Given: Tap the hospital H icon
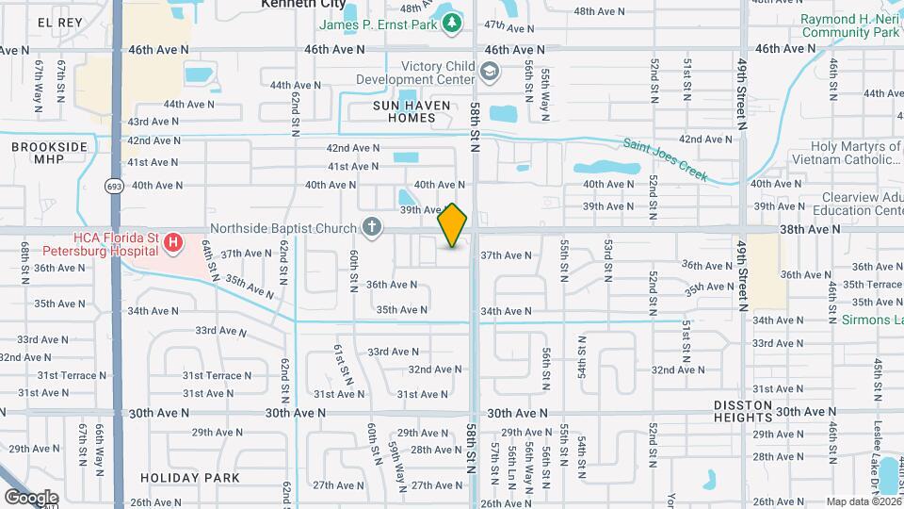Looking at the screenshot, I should (x=172, y=244).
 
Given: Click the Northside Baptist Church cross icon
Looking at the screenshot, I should (x=372, y=227).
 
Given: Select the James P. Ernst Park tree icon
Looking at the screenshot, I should (x=453, y=22).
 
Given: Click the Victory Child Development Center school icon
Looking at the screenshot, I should (x=490, y=72).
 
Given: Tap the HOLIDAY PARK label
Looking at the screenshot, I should (x=191, y=478).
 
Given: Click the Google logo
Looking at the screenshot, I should (x=31, y=497).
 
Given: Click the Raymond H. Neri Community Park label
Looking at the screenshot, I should (x=850, y=25).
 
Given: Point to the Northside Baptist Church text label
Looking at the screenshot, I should (x=282, y=227).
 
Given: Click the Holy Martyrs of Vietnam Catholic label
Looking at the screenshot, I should (x=856, y=153).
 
